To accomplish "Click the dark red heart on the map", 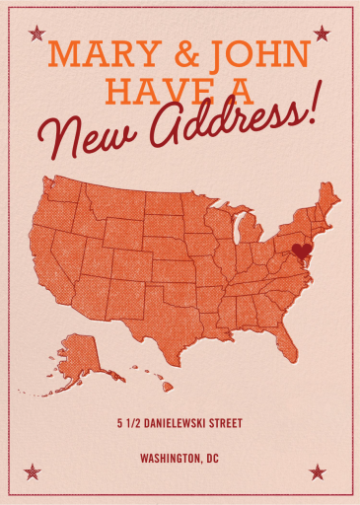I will tap(302, 251).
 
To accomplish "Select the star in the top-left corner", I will tap(36, 34).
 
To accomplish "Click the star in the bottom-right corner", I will tap(318, 471).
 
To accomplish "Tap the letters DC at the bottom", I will tap(212, 459).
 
